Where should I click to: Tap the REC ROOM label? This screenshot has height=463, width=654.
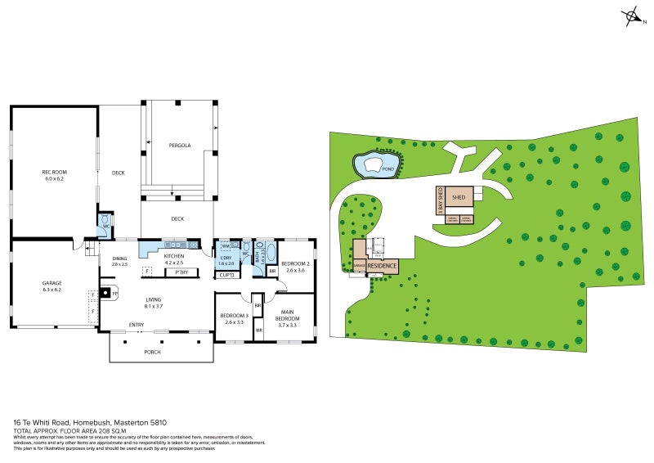pos(54,175)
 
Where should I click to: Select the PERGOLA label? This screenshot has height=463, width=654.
pos(180,146)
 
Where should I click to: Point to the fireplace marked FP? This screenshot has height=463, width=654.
pos(105,292)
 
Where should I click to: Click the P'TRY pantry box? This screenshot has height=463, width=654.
pos(181,272)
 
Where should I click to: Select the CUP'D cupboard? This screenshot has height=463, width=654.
pos(226,275)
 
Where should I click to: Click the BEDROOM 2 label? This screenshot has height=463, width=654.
pos(294,267)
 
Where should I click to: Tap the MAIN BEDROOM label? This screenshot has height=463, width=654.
pos(288,317)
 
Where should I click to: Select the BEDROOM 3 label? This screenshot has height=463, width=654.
pos(234,318)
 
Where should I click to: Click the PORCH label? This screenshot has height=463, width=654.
pos(152,352)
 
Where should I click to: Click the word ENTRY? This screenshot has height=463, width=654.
pos(137,325)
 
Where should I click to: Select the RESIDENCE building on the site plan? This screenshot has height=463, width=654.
pos(382,266)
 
